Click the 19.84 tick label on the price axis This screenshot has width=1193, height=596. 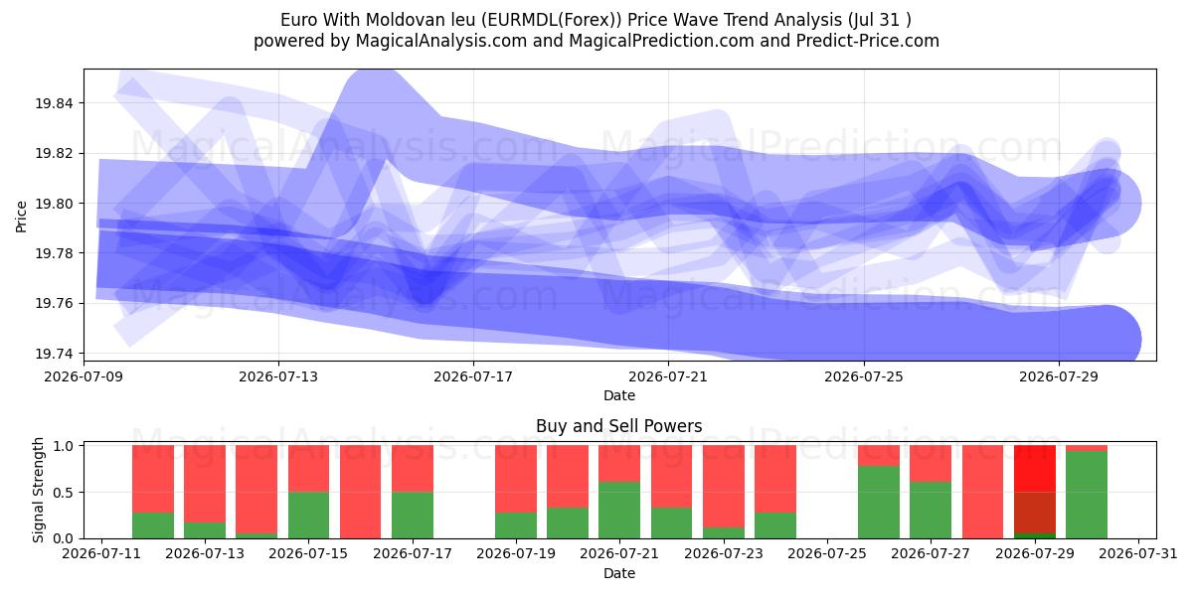click(x=54, y=103)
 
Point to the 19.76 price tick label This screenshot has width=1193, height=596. click(x=54, y=304)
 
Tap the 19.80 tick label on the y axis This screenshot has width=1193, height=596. click(x=54, y=204)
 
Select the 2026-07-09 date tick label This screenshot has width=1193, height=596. click(x=84, y=376)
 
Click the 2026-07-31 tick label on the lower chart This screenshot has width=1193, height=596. click(x=1138, y=554)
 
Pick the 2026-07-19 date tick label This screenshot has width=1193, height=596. click(x=516, y=554)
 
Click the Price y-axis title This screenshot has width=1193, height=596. click(x=21, y=217)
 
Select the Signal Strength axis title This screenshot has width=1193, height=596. click(x=38, y=490)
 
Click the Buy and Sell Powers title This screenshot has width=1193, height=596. click(x=618, y=426)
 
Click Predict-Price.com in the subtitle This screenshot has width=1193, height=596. click(x=868, y=41)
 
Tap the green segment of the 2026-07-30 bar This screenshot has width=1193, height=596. click(x=1087, y=495)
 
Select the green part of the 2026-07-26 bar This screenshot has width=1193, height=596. click(x=879, y=502)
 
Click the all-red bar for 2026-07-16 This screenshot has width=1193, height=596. click(x=361, y=492)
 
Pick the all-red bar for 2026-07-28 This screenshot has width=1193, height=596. click(x=982, y=492)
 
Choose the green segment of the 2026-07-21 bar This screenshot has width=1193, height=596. click(x=618, y=510)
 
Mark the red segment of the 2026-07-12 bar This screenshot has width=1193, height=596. click(x=153, y=479)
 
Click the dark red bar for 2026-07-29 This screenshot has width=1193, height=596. click(x=1034, y=489)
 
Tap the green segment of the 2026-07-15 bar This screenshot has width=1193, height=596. click(x=309, y=516)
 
